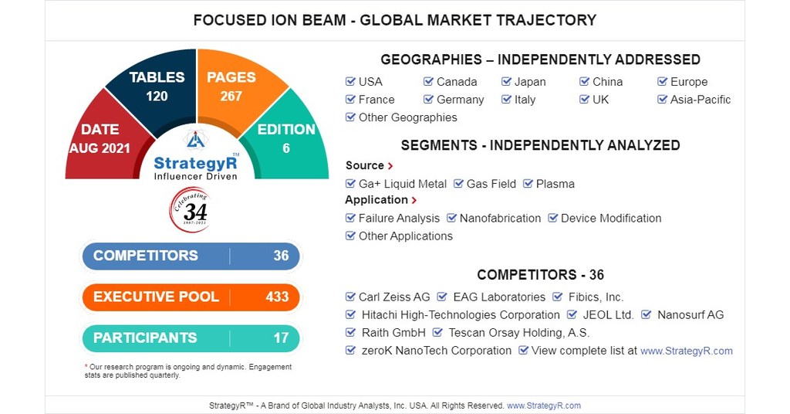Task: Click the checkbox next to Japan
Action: click(507, 82)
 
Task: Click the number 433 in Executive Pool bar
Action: click(277, 297)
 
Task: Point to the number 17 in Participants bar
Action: click(281, 338)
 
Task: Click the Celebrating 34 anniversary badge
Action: click(190, 209)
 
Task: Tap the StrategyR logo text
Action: click(195, 163)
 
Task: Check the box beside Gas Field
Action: click(459, 184)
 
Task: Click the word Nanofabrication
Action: click(500, 219)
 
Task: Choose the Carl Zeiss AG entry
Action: click(394, 297)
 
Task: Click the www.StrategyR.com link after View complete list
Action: click(686, 351)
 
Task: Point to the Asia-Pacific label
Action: click(700, 100)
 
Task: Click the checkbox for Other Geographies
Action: click(351, 117)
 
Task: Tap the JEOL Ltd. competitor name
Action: click(607, 315)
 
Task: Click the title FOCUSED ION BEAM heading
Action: click(394, 20)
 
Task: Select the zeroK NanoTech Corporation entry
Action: click(436, 351)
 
